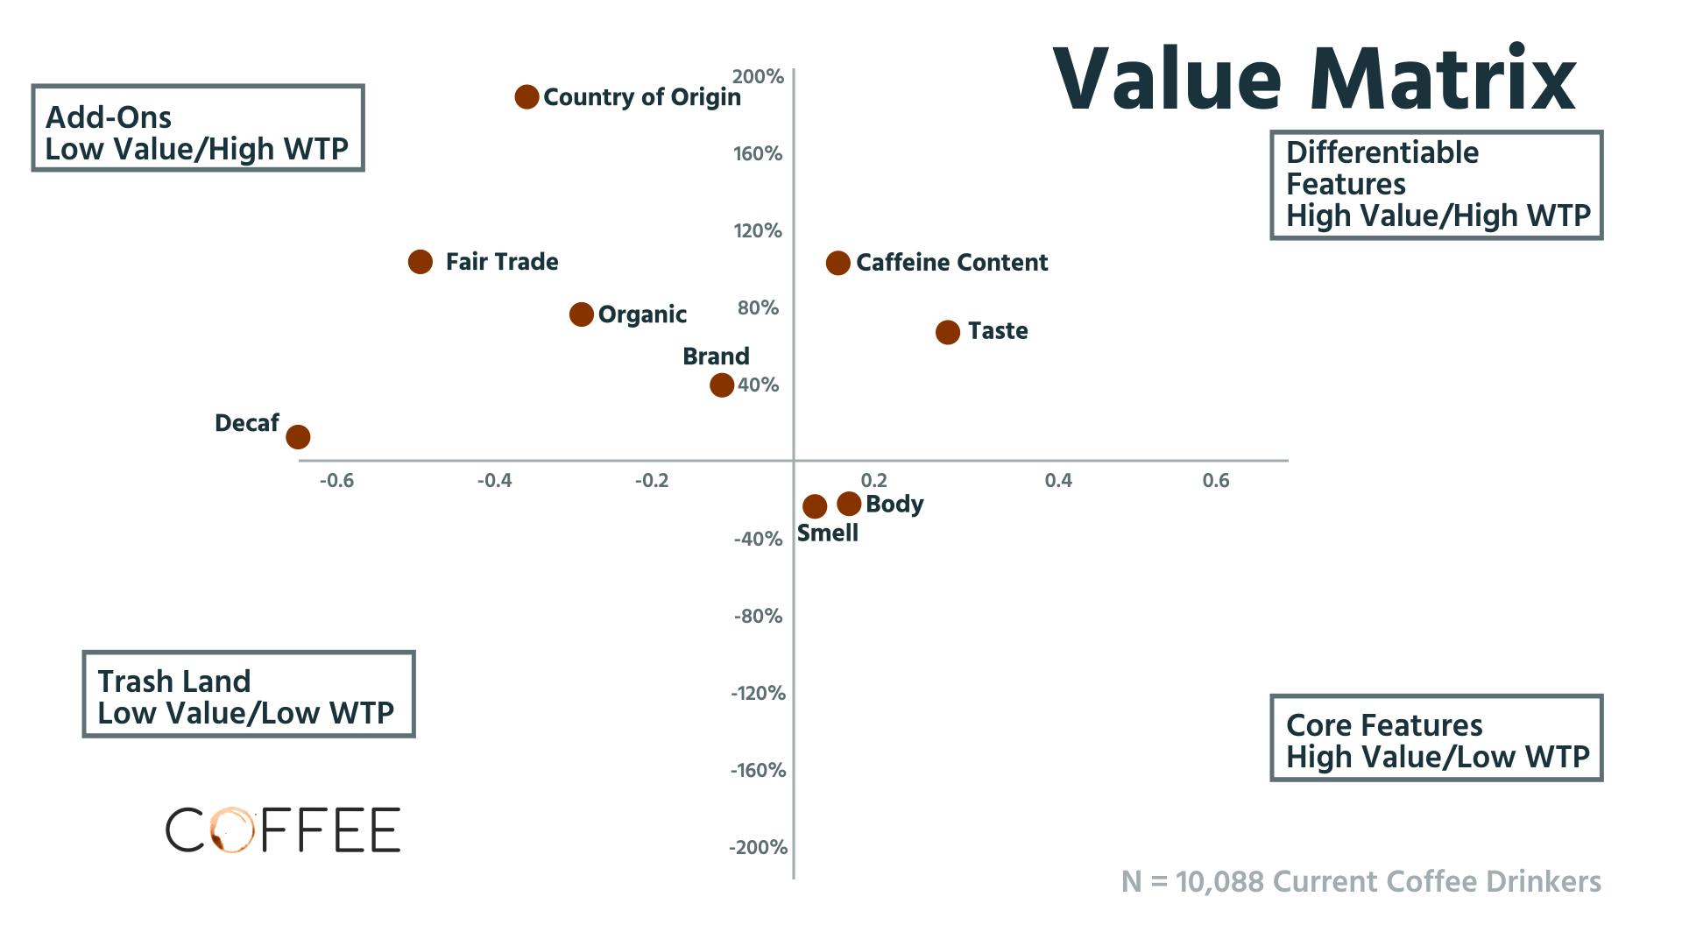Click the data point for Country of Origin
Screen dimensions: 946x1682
[x=527, y=96]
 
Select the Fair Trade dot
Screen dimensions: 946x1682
[x=420, y=261]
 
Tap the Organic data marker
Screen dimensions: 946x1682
[x=582, y=314]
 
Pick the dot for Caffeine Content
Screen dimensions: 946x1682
[x=838, y=263]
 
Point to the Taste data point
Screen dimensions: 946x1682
[x=948, y=332]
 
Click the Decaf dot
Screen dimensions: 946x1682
[x=299, y=436]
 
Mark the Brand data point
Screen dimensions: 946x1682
[x=722, y=385]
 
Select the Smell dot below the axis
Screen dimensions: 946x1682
[x=815, y=506]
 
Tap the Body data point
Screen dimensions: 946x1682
[x=849, y=504]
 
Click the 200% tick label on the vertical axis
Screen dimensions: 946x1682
[x=758, y=77]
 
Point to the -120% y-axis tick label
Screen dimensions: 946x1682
[x=759, y=694]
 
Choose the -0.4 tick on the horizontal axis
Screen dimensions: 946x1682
[x=494, y=481]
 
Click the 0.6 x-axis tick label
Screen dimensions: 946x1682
[x=1216, y=481]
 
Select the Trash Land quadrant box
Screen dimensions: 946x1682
[x=248, y=695]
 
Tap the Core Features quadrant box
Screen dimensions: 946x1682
[x=1436, y=738]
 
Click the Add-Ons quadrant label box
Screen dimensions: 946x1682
[x=197, y=128]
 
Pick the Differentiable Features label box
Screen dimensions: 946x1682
[x=1436, y=185]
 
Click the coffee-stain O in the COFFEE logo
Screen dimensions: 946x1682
[x=231, y=830]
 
